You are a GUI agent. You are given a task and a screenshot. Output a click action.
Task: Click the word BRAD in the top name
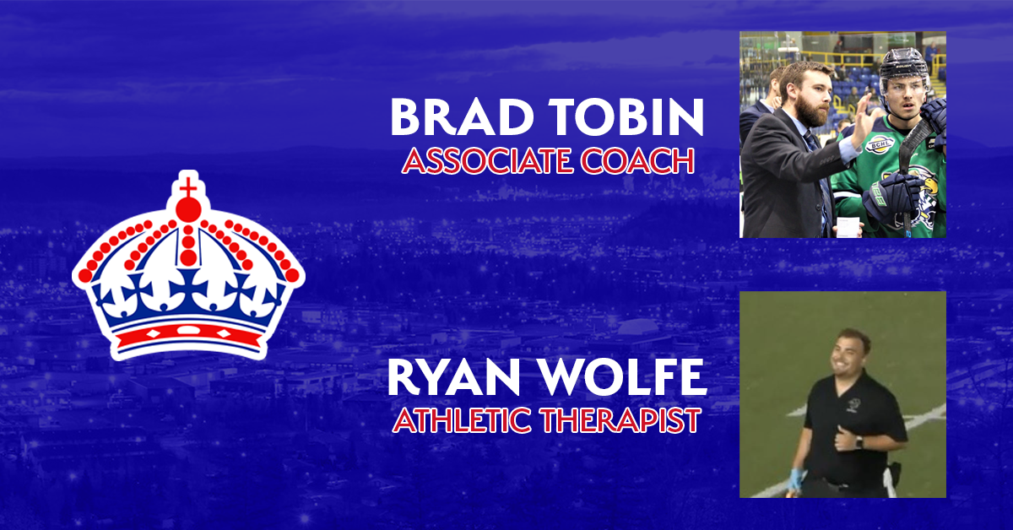(x=462, y=116)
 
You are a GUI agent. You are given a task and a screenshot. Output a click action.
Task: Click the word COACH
(x=637, y=161)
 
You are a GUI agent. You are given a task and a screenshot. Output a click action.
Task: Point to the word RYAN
(x=453, y=377)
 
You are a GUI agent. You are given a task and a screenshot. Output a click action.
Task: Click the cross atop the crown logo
(x=188, y=187)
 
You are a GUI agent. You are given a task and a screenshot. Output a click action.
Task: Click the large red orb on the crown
(x=188, y=209)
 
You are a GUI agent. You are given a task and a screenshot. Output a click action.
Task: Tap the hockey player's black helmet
(x=904, y=67)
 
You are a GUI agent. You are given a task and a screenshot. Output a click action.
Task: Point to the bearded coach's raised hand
(x=861, y=121)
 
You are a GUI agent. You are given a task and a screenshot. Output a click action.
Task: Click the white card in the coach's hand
(x=848, y=227)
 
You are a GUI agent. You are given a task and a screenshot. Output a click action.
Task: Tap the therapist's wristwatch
(x=859, y=442)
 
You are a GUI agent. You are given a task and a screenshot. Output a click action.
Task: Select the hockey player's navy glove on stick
(x=890, y=195)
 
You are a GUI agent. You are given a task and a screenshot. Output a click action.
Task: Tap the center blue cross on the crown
(x=188, y=289)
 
